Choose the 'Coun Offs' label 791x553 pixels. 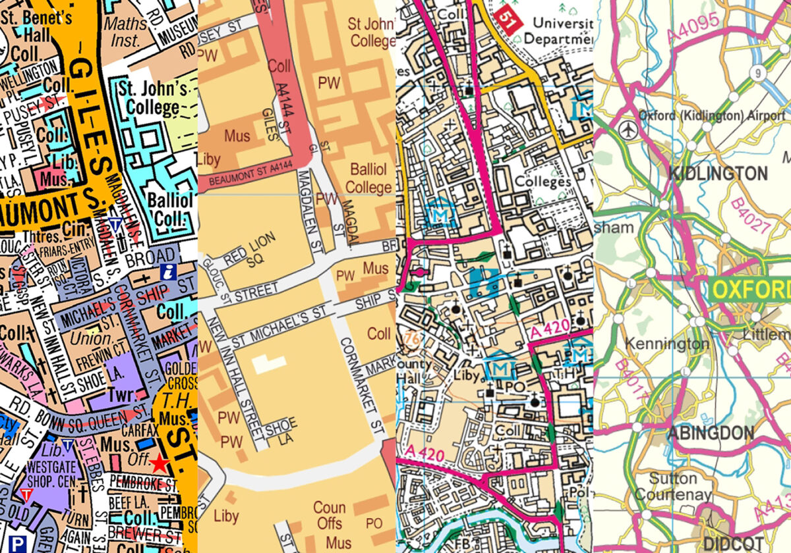329,515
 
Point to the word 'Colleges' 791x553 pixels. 543,181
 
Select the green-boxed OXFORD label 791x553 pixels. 751,290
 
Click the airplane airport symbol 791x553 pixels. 630,130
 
